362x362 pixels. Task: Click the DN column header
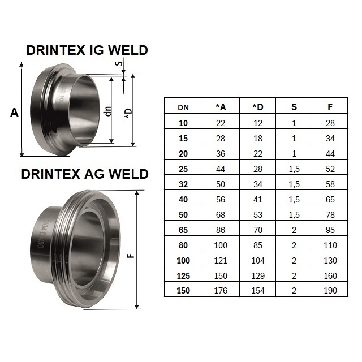coord(183,107)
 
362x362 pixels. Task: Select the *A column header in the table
coord(221,107)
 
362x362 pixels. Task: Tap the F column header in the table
coord(330,107)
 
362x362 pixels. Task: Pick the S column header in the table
coord(294,107)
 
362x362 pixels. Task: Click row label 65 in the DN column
coord(183,230)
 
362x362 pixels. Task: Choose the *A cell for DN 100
coord(221,261)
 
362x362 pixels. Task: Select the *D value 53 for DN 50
coord(258,215)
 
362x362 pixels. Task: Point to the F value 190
coord(330,290)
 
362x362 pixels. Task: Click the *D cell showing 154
coord(258,290)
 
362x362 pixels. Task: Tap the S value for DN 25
coord(294,169)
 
